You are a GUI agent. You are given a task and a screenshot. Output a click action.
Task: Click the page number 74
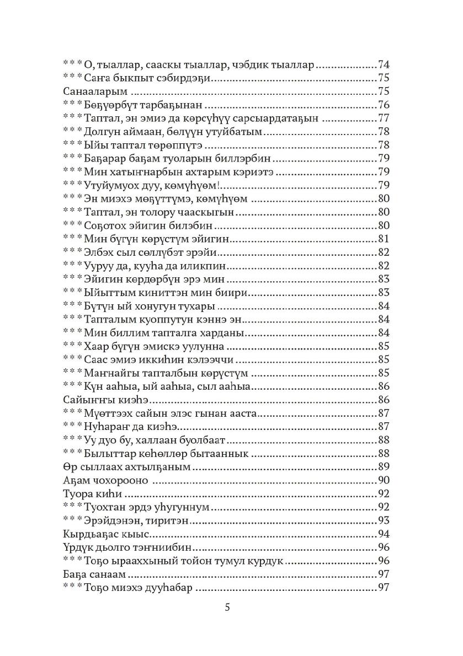pos(384,64)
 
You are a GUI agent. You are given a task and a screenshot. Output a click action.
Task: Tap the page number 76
pos(384,105)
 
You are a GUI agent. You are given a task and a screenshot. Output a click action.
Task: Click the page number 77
pos(384,118)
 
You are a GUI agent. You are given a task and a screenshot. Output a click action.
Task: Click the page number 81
pos(384,239)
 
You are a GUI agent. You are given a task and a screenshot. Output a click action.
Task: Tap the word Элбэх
pos(99,252)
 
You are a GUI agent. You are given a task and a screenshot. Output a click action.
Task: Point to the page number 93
pos(384,521)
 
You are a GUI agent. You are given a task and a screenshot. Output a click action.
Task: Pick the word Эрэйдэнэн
pos(112,521)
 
